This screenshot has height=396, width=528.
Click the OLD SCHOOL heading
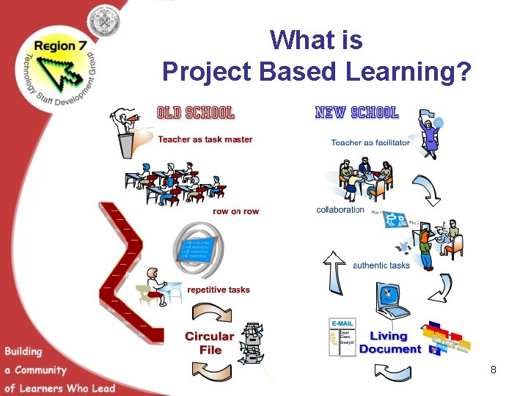click(196, 113)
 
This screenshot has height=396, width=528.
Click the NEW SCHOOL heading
click(356, 113)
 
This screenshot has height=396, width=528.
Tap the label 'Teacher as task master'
click(205, 139)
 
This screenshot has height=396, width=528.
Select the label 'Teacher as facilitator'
click(370, 143)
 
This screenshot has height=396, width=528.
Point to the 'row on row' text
click(235, 211)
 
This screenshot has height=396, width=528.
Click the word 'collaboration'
click(340, 210)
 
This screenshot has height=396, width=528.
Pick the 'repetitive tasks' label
click(219, 290)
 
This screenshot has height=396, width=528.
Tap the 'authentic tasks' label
click(381, 265)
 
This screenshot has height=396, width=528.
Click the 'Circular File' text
click(210, 343)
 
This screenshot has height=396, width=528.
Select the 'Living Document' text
click(389, 342)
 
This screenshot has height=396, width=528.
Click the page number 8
click(494, 370)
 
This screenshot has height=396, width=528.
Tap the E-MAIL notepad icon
click(342, 337)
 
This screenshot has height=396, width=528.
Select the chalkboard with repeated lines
click(197, 248)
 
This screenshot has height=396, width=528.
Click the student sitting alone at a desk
click(158, 286)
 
